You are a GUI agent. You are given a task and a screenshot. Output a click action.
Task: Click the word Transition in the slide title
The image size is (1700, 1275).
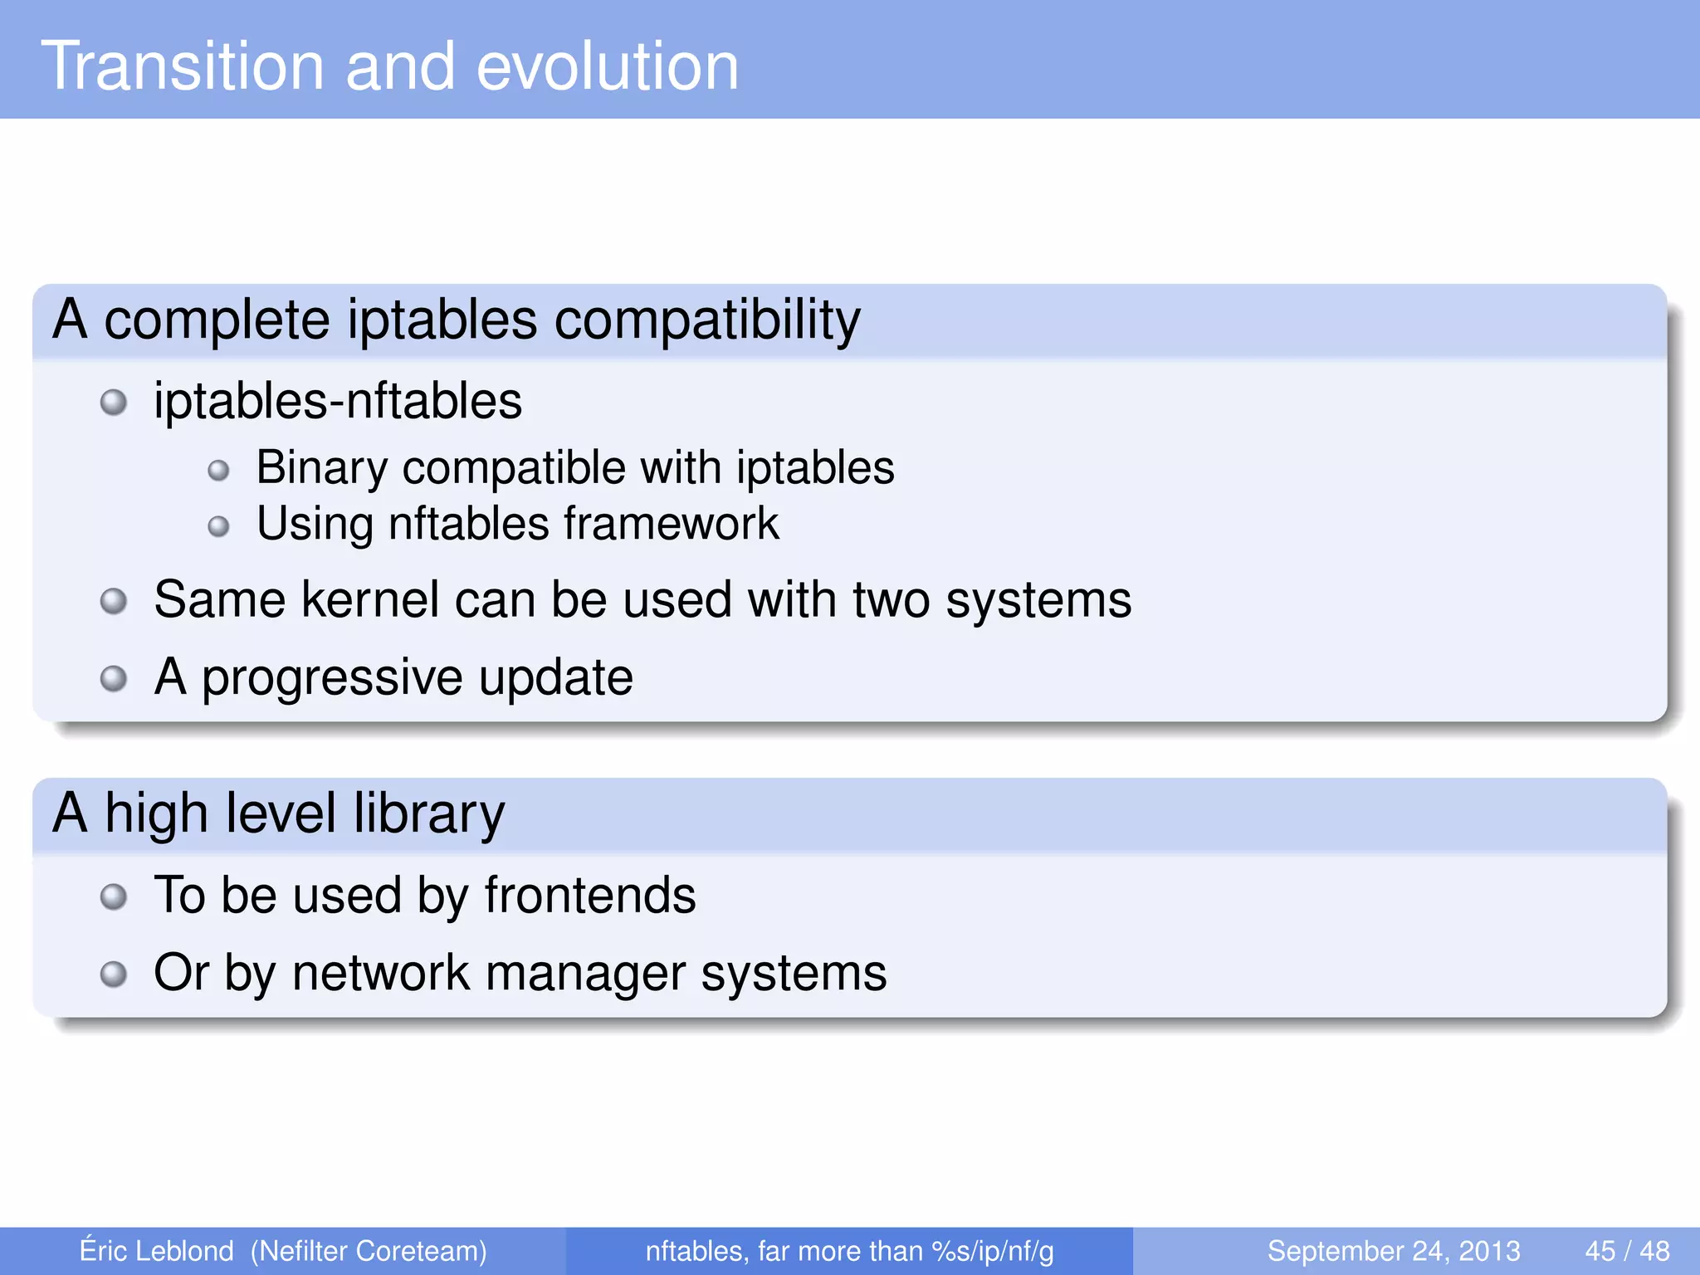pos(183,66)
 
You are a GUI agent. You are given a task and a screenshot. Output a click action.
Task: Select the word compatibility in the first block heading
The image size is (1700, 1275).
pos(707,320)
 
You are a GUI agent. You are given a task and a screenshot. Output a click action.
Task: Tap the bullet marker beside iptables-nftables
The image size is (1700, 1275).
pos(114,403)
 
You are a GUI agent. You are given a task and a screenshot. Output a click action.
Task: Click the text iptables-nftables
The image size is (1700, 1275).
pos(338,402)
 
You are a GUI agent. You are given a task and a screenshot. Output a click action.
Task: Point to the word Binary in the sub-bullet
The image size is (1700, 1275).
pos(322,468)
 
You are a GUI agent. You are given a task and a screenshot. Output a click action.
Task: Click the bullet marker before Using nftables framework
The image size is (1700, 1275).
pos(218,526)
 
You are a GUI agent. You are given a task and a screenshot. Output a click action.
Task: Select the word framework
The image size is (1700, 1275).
pos(672,525)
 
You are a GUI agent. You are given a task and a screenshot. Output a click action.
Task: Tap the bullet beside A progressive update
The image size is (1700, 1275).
pos(114,679)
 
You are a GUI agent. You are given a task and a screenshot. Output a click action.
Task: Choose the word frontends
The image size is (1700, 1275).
pos(590,896)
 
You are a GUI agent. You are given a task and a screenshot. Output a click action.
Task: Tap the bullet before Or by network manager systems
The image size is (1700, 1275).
pos(114,974)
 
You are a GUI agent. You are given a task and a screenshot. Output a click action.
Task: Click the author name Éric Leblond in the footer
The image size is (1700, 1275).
pos(156,1251)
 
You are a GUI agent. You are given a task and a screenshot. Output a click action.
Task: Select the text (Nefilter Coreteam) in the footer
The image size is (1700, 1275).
pos(369,1251)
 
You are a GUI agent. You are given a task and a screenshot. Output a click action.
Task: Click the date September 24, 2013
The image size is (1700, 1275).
pos(1393,1251)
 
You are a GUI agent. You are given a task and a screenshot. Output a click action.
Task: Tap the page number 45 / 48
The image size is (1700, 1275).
pos(1627,1251)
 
